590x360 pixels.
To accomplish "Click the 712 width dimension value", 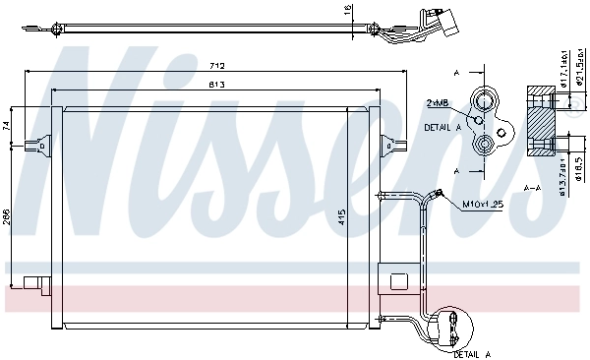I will [218, 66].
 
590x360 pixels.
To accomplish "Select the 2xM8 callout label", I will [438, 102].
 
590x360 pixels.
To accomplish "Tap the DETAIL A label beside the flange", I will [443, 128].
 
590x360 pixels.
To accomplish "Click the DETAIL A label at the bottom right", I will [475, 351].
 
